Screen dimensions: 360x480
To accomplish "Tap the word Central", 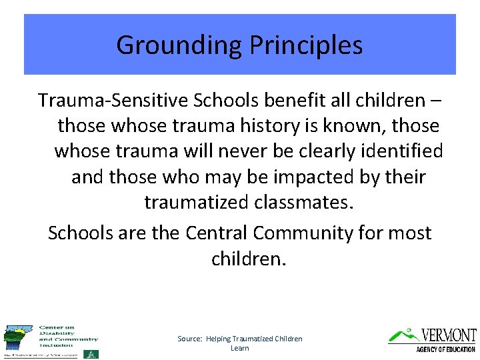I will (216, 233).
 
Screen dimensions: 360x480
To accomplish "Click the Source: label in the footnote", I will (190, 339).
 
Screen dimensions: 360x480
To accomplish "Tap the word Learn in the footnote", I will (239, 348).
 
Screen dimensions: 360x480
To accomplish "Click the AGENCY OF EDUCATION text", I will (445, 349).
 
